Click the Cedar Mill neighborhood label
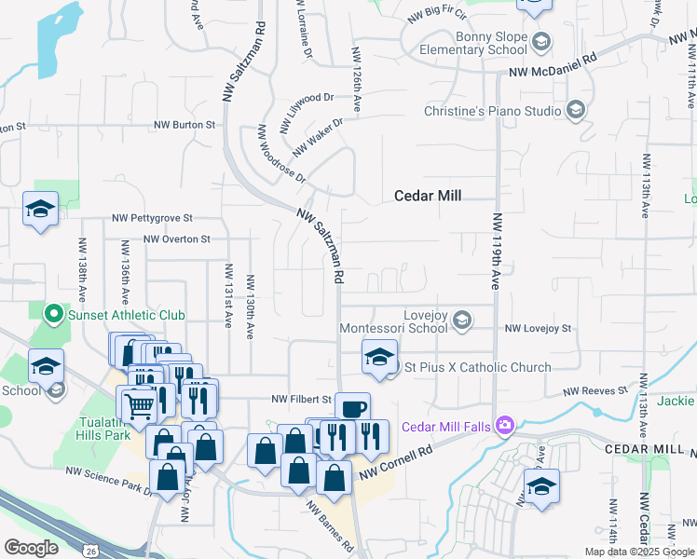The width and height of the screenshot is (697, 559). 429,196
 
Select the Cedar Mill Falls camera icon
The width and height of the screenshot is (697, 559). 505,426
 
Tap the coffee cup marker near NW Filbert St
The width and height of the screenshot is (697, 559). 352,408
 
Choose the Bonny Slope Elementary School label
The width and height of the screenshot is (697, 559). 473,43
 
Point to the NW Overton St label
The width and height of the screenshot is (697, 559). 177,239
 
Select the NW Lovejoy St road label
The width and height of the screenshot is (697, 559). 537,329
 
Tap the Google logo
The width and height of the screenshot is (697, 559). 31,548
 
